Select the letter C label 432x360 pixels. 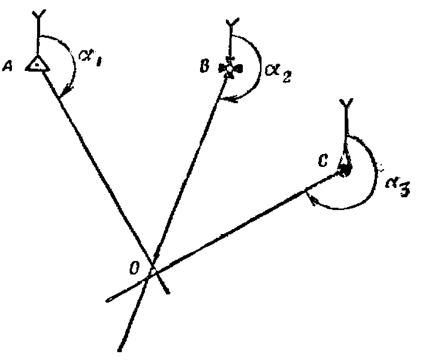(x=323, y=162)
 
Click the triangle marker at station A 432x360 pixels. (x=37, y=64)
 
